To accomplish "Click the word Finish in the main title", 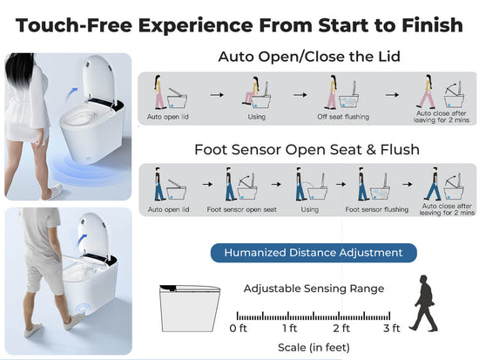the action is tap(432, 25).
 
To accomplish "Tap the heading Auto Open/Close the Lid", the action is tap(309, 57).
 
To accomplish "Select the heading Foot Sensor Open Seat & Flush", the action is tap(307, 150).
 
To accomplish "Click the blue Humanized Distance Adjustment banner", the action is tap(314, 253).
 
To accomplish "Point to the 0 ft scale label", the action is tap(238, 329).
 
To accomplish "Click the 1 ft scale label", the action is tap(290, 329).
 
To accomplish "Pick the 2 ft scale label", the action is tap(341, 329).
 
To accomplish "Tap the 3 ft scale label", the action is tap(392, 329).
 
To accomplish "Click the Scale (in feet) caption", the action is tap(314, 348).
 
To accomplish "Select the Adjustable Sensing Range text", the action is tap(314, 289).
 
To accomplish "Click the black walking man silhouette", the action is tap(424, 303).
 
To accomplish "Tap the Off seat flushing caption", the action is tap(343, 117).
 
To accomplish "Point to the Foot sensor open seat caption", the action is tap(241, 209).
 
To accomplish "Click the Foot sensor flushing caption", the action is tap(376, 209).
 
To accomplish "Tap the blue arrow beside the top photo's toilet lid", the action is tap(71, 93).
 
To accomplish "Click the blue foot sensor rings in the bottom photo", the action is tap(83, 309).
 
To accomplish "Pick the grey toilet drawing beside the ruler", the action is tap(189, 309).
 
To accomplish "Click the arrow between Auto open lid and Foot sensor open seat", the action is tap(207, 184).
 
